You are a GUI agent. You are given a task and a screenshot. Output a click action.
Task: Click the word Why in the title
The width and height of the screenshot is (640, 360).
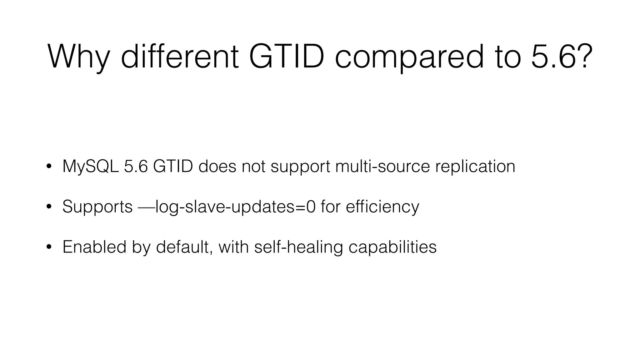(x=78, y=57)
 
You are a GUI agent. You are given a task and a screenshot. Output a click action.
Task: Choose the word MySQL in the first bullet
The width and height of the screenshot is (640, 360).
(x=90, y=166)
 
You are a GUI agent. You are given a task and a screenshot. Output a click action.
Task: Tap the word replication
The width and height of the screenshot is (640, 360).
(x=475, y=167)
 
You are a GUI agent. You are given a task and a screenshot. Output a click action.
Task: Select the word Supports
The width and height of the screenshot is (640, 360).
(x=97, y=207)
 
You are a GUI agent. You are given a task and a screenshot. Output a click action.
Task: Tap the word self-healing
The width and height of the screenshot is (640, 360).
(x=298, y=247)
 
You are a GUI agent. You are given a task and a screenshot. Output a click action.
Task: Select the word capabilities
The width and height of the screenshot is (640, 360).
(x=392, y=247)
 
